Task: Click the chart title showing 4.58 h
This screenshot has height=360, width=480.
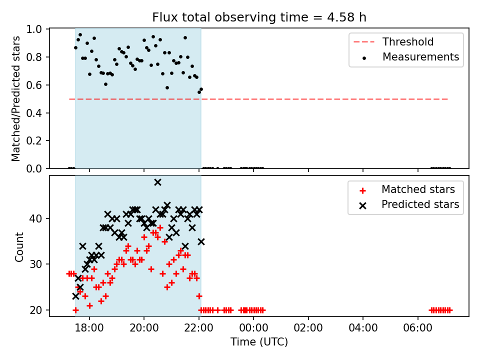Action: tap(259, 17)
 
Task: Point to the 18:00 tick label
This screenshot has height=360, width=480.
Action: tap(89, 328)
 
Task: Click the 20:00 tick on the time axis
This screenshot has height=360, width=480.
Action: tap(144, 328)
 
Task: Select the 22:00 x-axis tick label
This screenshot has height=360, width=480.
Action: tap(199, 328)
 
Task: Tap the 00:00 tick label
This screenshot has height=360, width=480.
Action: tap(253, 328)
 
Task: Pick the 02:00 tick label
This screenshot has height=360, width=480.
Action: tap(308, 328)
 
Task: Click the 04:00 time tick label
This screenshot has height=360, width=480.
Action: tap(363, 328)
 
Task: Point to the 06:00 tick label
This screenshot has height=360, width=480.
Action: tap(418, 328)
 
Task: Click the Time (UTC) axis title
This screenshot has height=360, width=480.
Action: tap(259, 341)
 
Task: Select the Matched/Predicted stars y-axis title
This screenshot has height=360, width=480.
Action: tap(16, 98)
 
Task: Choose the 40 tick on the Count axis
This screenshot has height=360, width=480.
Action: tap(35, 218)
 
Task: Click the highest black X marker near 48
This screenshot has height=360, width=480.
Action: tap(157, 182)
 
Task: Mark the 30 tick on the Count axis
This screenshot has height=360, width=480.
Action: tap(35, 264)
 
